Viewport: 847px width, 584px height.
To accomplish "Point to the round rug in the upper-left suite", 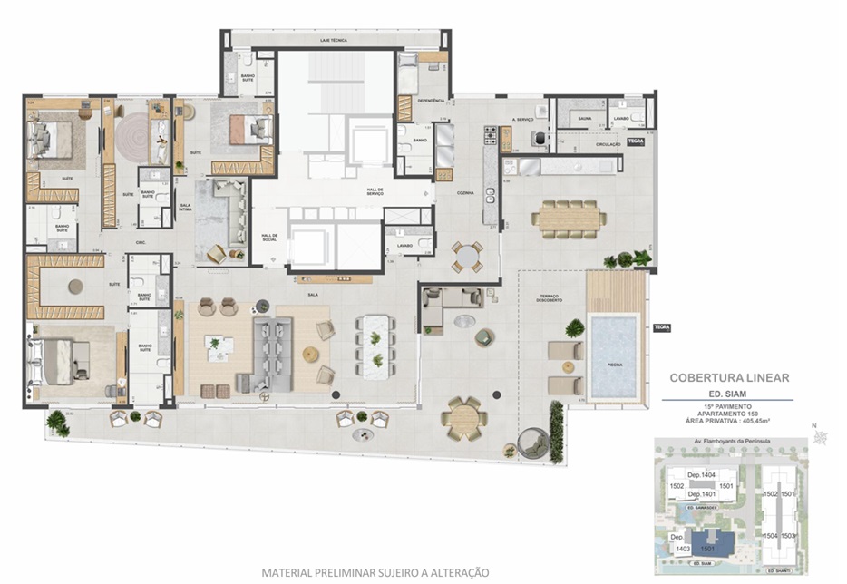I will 131,137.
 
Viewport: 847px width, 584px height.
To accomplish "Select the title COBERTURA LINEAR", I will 729,377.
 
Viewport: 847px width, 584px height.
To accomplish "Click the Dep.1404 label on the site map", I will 702,474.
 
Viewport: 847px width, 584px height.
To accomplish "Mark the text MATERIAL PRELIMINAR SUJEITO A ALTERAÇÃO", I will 375,572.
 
